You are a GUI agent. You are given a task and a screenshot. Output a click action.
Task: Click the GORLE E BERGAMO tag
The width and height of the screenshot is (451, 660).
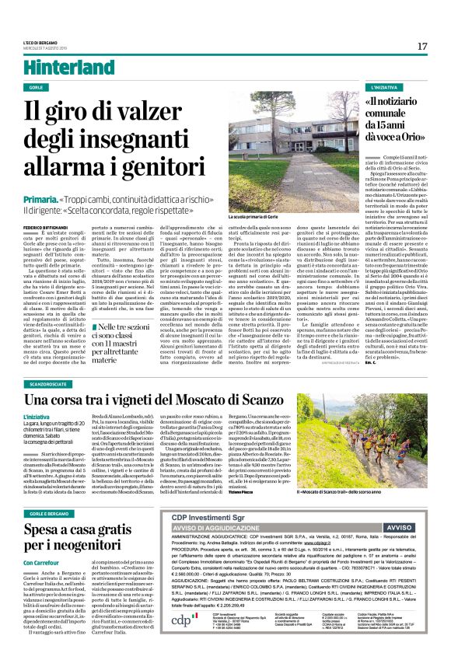[x=50, y=493]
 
